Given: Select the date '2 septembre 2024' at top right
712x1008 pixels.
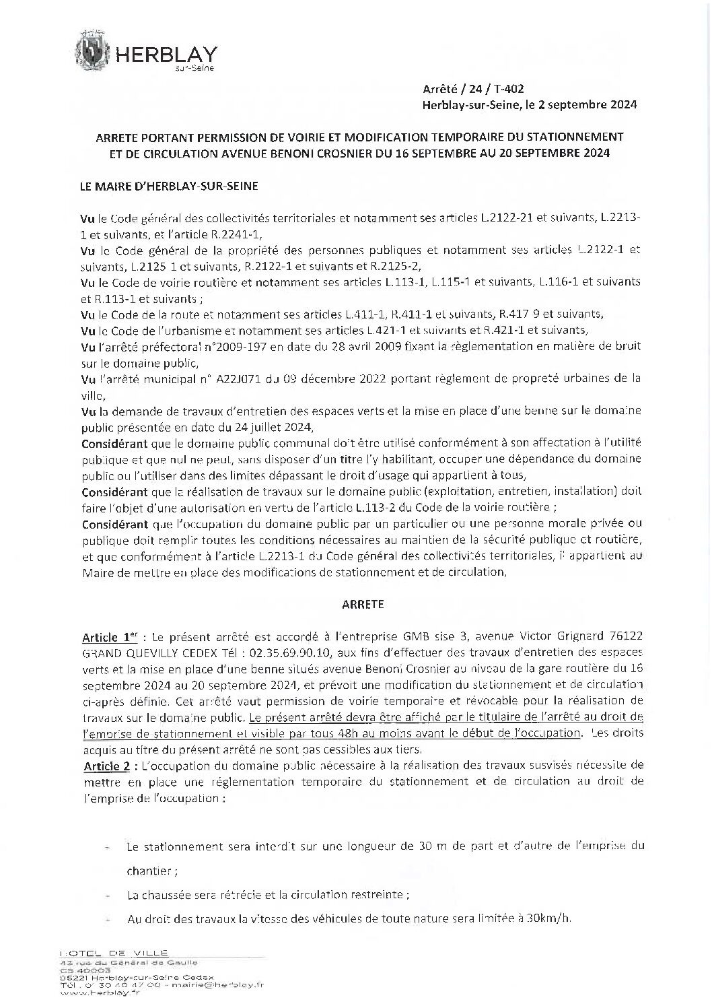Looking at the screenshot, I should (588, 104).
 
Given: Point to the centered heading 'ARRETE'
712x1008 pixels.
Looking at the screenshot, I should (362, 604).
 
